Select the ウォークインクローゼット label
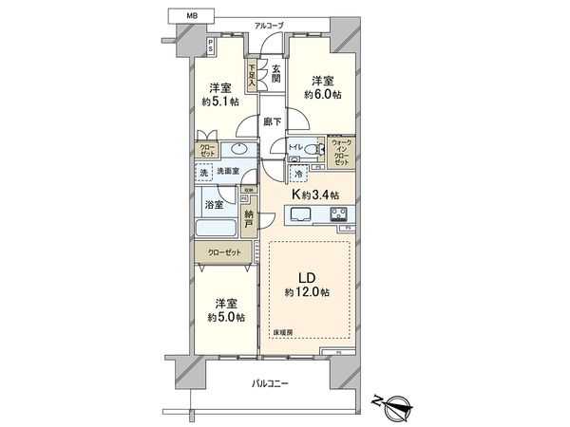click(341, 152)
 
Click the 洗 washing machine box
click(204, 174)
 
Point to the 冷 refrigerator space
click(299, 176)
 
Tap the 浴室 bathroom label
click(212, 205)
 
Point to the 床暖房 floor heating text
click(285, 332)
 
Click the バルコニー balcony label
click(271, 383)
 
